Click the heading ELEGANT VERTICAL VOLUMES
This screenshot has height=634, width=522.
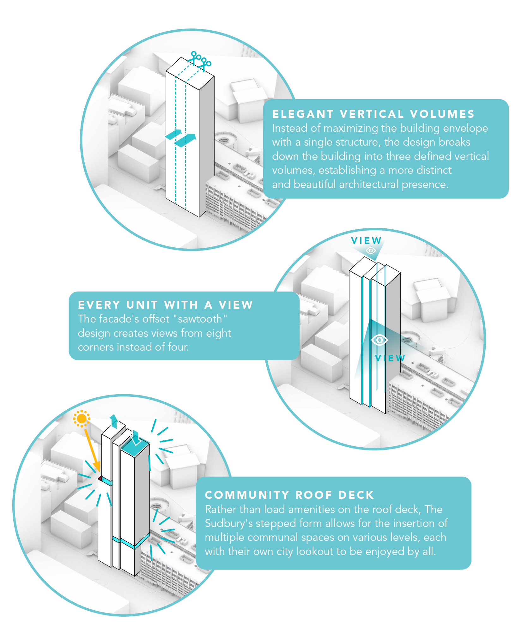coord(373,114)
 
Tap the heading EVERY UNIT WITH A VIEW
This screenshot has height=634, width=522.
coord(165,305)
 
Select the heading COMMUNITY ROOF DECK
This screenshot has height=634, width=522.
coord(289,495)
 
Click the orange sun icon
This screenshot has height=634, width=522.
coord(82,419)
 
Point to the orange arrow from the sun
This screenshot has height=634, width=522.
coord(92,449)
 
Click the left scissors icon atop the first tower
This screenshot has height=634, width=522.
coord(194,57)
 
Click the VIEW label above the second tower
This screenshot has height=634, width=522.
coord(366,241)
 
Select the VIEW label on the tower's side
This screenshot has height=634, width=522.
coord(390,358)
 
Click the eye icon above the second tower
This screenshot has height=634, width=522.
coord(371,251)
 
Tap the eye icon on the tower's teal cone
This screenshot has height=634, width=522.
coord(379,340)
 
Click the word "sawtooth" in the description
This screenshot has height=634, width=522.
coord(200,319)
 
